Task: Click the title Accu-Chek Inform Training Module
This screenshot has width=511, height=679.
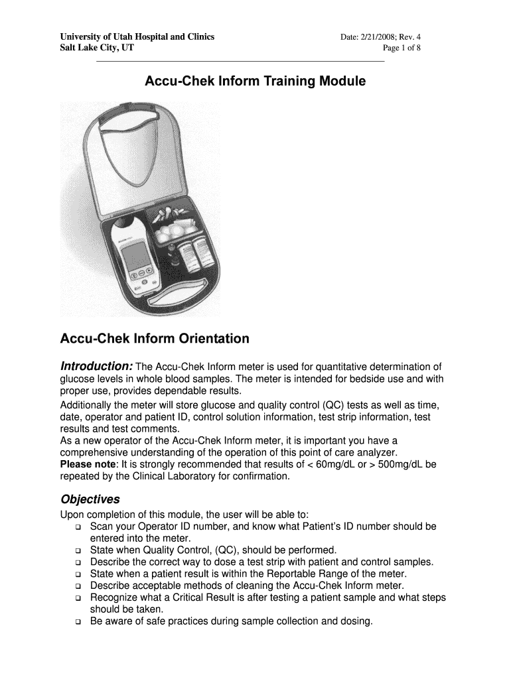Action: [x=255, y=82]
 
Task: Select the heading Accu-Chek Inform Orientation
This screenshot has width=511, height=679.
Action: [x=155, y=339]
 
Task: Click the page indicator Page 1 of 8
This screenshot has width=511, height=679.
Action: [x=402, y=48]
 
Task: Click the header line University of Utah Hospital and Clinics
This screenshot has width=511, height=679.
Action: [x=137, y=37]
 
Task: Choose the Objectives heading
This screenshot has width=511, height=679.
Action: [x=90, y=499]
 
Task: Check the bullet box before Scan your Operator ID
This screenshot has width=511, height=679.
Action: [x=78, y=527]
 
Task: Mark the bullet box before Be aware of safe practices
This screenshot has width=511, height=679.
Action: [x=78, y=622]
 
